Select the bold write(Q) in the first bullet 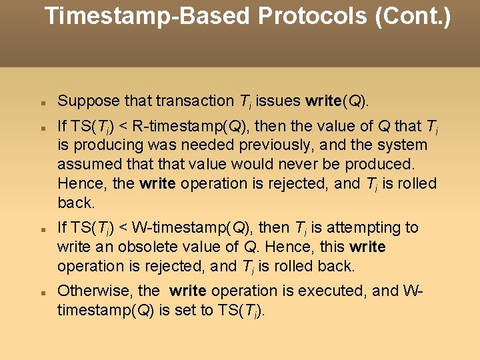coord(336,101)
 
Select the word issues coord(279,101)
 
